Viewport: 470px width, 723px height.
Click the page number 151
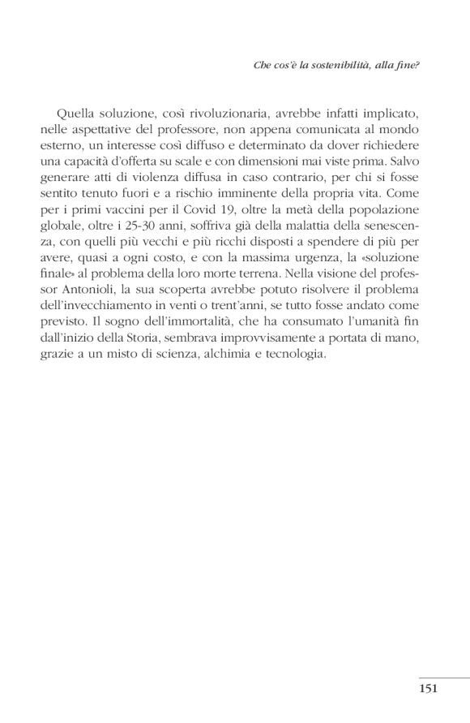point(428,690)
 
